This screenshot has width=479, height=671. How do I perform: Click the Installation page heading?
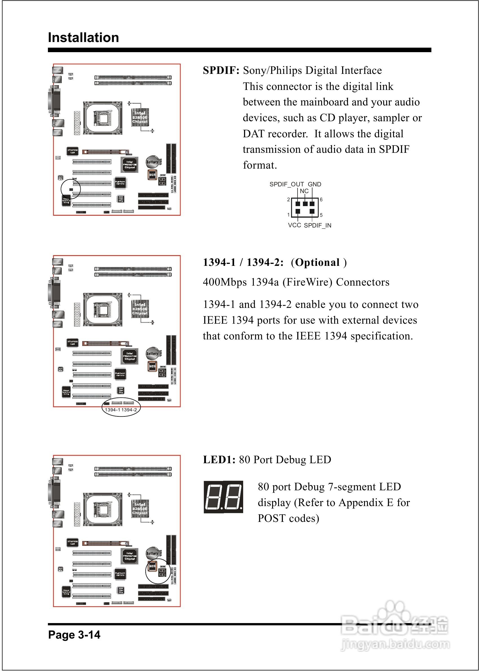pos(83,38)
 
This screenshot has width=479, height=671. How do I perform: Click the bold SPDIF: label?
pos(221,70)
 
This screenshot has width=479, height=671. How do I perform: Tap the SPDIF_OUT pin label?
pos(286,184)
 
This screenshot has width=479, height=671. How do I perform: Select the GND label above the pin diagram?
pos(314,184)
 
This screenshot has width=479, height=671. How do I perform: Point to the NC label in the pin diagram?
pos(304,191)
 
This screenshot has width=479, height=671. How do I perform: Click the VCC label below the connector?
pos(294,225)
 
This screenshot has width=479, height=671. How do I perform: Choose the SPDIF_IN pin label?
pos(317,226)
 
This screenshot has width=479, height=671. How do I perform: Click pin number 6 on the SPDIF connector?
pos(321,200)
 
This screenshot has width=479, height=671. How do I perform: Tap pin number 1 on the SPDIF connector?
pos(289,215)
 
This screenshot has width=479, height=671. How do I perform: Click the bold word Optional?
pos(317,262)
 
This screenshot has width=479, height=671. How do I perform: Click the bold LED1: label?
pos(219,460)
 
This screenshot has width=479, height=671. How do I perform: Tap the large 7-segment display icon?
pos(223,497)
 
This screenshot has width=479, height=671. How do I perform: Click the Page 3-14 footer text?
pos(74,634)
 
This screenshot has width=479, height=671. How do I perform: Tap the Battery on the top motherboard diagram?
pos(152,162)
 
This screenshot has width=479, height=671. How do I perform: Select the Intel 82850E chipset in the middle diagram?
pos(140,309)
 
